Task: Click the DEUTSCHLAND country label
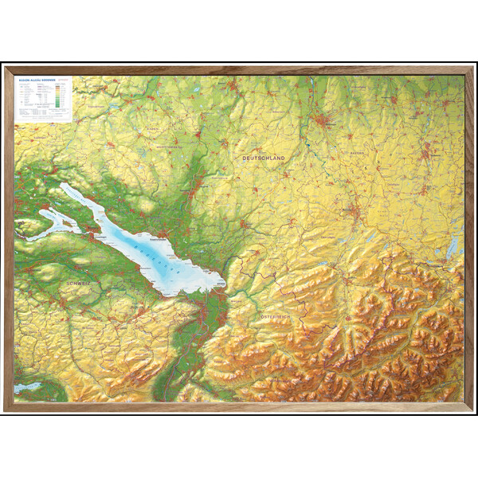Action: coord(263,159)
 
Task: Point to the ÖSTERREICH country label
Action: coord(276,317)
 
